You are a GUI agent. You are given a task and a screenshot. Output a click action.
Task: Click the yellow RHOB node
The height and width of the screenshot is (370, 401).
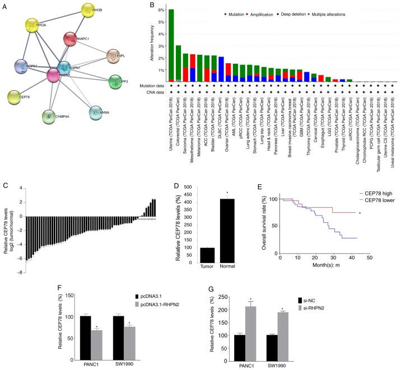(x=92, y=10)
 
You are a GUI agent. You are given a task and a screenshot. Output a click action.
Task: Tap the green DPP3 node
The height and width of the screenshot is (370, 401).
(x=115, y=82)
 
